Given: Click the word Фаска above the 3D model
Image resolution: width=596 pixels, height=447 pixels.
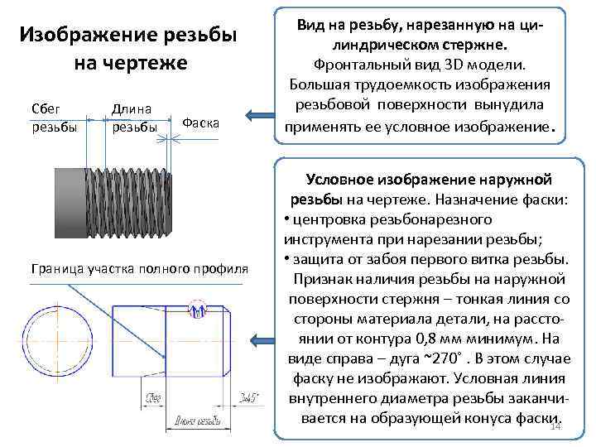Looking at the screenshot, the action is click(x=199, y=123).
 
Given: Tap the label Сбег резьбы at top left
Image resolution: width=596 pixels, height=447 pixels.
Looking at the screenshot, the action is click(x=51, y=118).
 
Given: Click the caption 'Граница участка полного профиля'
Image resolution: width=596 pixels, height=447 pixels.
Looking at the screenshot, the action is click(x=139, y=270).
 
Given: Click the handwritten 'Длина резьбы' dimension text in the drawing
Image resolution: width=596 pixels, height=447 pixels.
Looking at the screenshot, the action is click(x=199, y=422).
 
